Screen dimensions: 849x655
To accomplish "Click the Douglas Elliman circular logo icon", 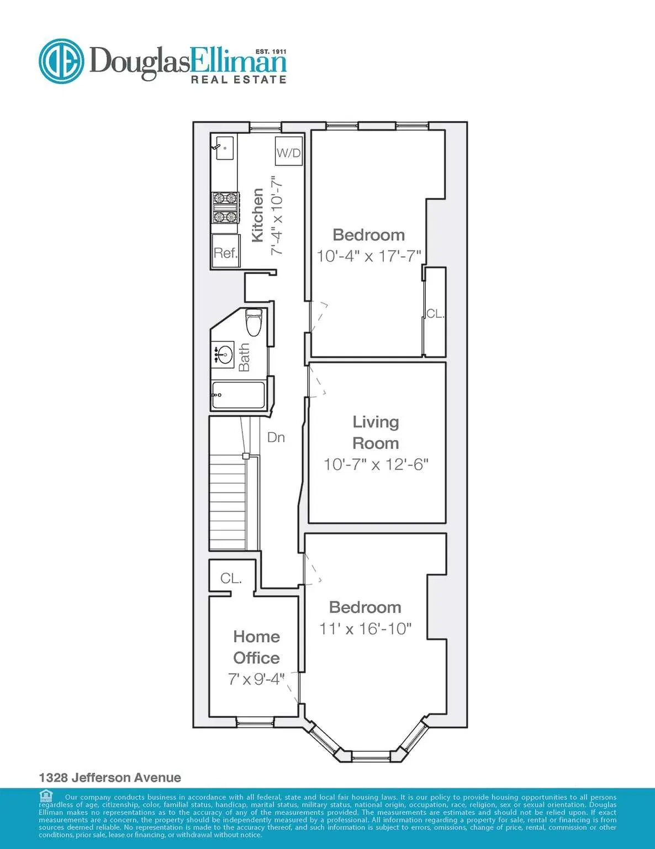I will (61, 61).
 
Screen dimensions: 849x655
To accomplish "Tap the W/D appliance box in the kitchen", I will (289, 152).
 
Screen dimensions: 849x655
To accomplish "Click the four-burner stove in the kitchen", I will (225, 207).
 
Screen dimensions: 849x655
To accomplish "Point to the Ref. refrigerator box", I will (225, 253).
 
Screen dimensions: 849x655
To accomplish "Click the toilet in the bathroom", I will (253, 323).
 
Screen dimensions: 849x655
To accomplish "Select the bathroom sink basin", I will (224, 354).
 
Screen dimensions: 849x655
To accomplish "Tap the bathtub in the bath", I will (238, 395).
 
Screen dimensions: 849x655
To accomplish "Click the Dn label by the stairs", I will (276, 437).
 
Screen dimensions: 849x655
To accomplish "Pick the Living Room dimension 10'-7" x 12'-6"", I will (376, 464).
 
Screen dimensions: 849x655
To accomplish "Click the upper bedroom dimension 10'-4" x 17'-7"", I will (369, 256).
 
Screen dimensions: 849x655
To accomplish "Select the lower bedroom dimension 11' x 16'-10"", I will (365, 628).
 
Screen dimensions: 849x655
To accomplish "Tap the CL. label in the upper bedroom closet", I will (435, 313).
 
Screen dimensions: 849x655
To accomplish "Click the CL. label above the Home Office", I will (231, 578).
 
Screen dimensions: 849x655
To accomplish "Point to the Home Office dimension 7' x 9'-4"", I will (256, 679).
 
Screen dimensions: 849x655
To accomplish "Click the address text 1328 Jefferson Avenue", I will (110, 777).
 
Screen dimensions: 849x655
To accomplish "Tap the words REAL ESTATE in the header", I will (238, 80).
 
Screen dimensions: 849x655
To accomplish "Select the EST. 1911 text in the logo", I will (271, 51).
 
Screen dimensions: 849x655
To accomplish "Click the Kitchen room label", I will (257, 215).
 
